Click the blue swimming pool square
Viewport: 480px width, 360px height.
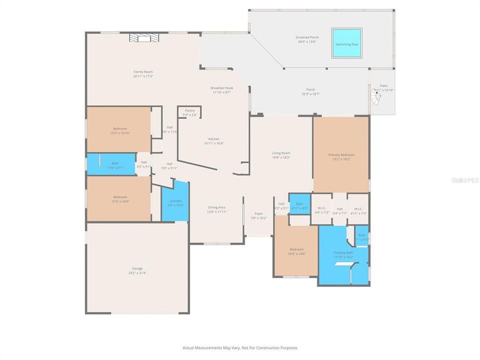point(347,43)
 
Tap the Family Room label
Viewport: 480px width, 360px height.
point(143,72)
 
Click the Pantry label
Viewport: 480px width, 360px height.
point(189,110)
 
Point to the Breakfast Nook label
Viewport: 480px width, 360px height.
point(222,88)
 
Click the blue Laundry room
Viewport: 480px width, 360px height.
point(175,202)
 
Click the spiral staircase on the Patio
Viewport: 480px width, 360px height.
point(377,100)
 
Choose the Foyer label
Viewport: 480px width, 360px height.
point(258,213)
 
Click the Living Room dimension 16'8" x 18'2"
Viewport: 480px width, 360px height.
point(281,157)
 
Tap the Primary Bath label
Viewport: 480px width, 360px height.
point(343,253)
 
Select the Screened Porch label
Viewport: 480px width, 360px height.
point(307,37)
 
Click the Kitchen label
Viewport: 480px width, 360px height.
point(214,139)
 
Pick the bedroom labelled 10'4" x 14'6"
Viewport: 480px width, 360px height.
point(297,251)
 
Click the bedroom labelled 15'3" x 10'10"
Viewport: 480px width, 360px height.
point(119,130)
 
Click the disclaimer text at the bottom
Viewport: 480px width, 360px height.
point(239,347)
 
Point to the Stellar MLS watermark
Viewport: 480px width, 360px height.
point(464,179)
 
